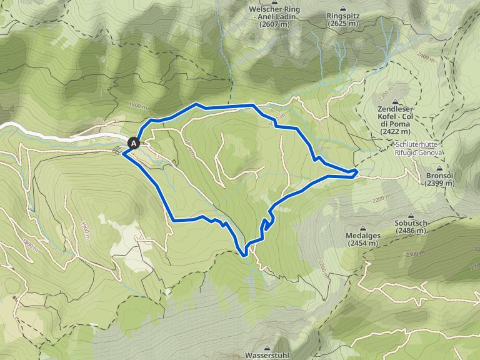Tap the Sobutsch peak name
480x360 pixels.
411,222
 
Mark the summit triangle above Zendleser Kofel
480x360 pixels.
396,101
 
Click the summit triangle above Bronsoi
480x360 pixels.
441,168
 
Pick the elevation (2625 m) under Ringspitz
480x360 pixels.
343,23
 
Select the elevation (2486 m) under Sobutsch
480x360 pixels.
411,231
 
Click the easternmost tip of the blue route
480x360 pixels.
357,171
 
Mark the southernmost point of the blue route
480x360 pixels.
244,255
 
